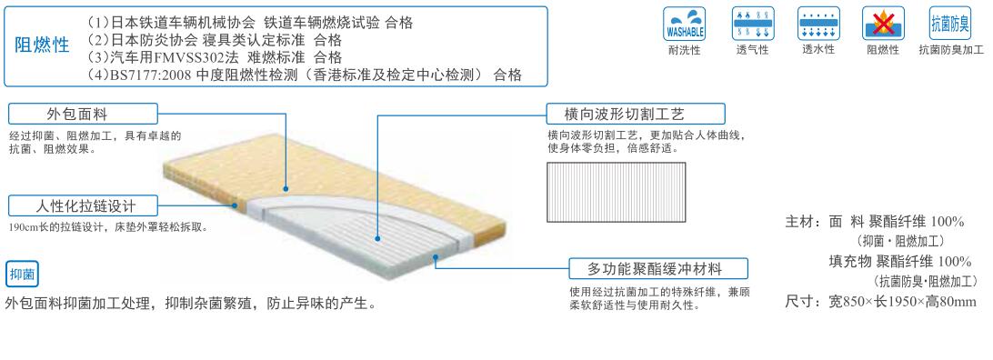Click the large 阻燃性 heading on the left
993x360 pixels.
[43, 45]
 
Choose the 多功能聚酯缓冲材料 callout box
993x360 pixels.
[657, 268]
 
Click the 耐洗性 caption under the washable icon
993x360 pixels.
[683, 50]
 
